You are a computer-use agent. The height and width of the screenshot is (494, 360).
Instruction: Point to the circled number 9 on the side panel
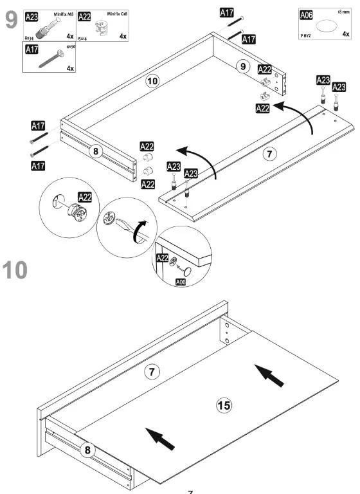[242, 65]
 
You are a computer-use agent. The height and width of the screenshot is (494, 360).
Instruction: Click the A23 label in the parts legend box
[32, 17]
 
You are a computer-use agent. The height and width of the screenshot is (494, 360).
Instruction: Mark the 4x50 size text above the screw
[71, 47]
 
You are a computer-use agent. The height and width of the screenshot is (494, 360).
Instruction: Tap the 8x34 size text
[32, 38]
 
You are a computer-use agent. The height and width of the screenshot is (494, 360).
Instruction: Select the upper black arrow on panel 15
[269, 376]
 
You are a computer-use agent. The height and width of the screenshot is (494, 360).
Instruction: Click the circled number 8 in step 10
[89, 450]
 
